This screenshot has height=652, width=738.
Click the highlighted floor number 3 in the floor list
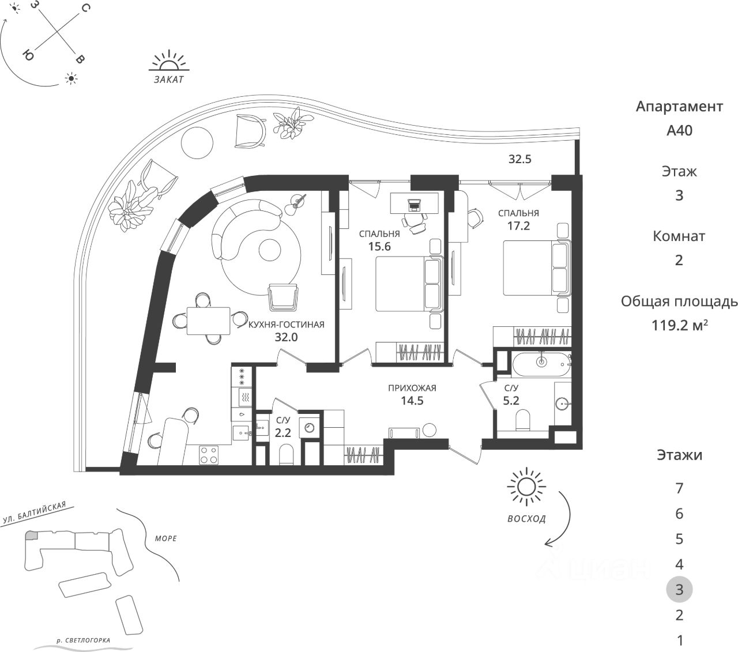tap(679, 589)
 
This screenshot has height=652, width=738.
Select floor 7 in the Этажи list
tap(679, 489)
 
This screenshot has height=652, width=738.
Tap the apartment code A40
tap(679, 130)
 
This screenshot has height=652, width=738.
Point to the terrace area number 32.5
tap(519, 160)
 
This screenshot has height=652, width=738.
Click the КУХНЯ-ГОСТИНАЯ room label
tap(286, 325)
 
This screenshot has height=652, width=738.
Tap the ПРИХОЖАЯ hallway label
tap(412, 388)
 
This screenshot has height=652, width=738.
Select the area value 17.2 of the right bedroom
tap(518, 226)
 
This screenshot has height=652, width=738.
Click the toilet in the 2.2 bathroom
tap(287, 455)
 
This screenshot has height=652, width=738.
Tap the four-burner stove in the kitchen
tap(208, 455)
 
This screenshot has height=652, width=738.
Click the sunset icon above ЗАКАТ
tap(169, 62)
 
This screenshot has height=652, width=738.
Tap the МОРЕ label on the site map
tap(165, 538)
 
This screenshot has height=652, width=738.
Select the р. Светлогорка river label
tap(84, 640)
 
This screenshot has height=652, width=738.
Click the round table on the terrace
tap(197, 142)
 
